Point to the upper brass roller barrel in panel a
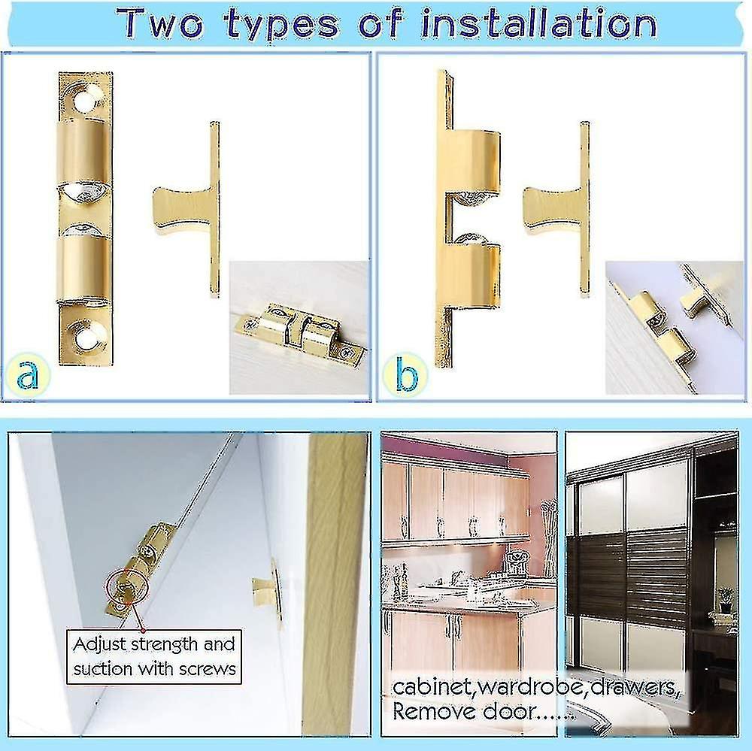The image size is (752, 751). click(x=84, y=150)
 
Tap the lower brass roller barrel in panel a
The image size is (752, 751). click(x=84, y=268)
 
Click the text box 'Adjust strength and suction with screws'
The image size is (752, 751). click(x=154, y=656)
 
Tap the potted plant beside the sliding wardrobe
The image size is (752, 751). click(x=725, y=599)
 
